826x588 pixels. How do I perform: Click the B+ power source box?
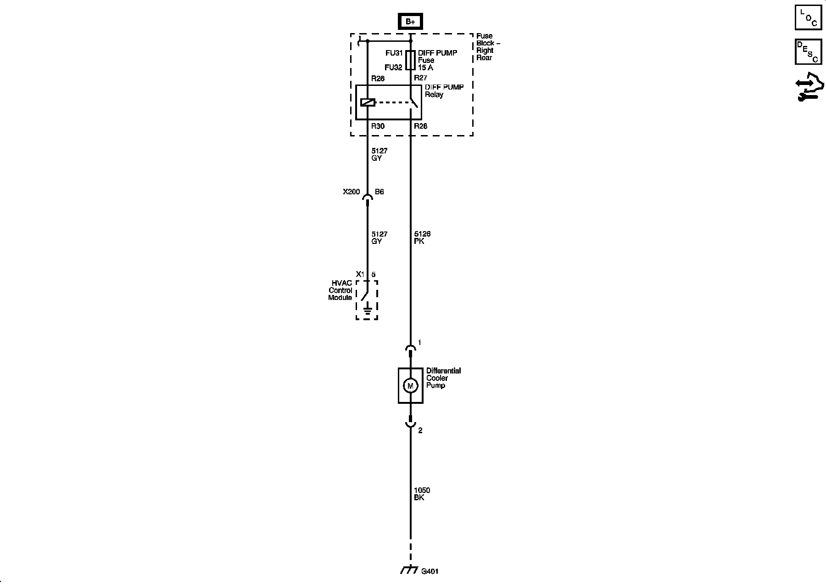tap(410, 22)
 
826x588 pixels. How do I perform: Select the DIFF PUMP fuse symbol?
tap(410, 60)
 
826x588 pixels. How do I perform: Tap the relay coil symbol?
tap(368, 102)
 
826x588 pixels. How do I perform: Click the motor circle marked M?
tap(410, 386)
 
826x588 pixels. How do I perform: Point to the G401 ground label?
tap(430, 571)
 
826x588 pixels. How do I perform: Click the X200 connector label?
tap(352, 192)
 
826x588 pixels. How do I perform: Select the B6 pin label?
tap(379, 192)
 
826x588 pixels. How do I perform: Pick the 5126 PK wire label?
tap(422, 237)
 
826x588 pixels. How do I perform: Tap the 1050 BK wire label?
tap(422, 494)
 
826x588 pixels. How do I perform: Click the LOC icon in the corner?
tap(808, 17)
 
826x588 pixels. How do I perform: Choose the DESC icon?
tap(808, 51)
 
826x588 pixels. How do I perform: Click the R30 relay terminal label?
tap(378, 126)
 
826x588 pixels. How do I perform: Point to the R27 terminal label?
tap(421, 78)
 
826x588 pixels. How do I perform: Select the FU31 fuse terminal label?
tap(394, 53)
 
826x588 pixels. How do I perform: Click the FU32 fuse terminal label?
tap(393, 68)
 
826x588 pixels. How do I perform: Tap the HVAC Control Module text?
tap(340, 290)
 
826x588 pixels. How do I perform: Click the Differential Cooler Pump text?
tap(443, 378)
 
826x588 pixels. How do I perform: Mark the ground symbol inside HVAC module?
tap(367, 311)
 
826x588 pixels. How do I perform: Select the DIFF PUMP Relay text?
tap(444, 90)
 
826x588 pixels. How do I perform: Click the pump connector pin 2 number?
tap(420, 430)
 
